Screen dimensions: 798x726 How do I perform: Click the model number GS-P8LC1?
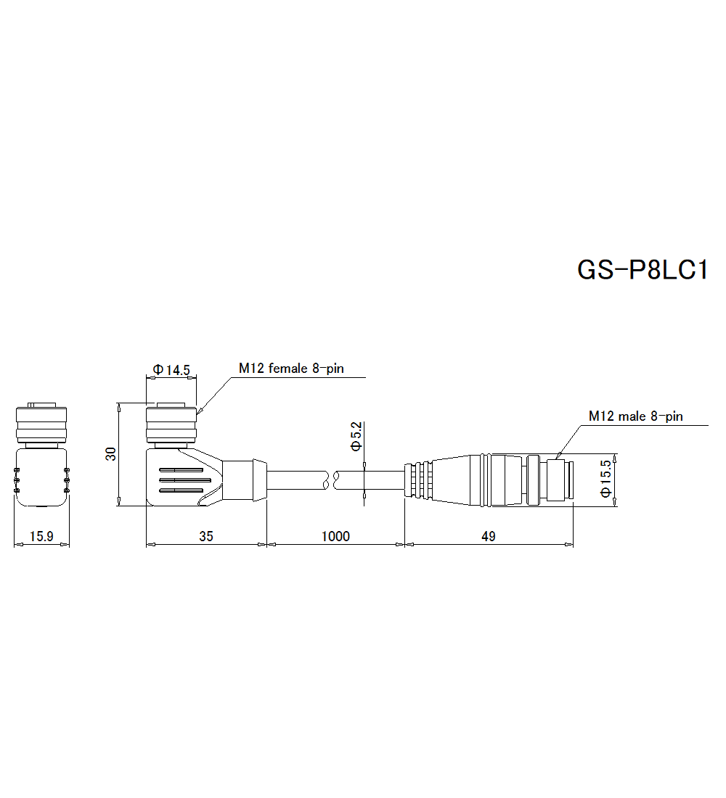(x=642, y=270)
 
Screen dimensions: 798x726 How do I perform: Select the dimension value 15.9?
(x=41, y=537)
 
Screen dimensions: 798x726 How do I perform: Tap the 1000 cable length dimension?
(x=335, y=537)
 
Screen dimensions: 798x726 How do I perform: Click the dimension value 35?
(x=206, y=537)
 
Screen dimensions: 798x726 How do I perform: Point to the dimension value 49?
(x=489, y=537)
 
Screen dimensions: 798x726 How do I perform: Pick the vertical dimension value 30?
(x=111, y=454)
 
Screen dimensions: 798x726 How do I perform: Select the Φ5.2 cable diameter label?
(x=356, y=437)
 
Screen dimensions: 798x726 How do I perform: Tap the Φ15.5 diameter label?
(x=606, y=480)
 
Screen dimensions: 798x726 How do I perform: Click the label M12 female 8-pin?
(x=291, y=369)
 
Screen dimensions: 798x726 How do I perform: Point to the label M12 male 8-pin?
(x=635, y=416)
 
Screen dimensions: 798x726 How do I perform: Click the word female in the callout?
(x=289, y=369)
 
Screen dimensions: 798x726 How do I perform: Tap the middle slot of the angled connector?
(x=184, y=480)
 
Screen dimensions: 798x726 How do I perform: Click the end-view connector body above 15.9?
(x=41, y=475)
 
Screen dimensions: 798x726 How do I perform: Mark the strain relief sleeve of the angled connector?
(x=245, y=480)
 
